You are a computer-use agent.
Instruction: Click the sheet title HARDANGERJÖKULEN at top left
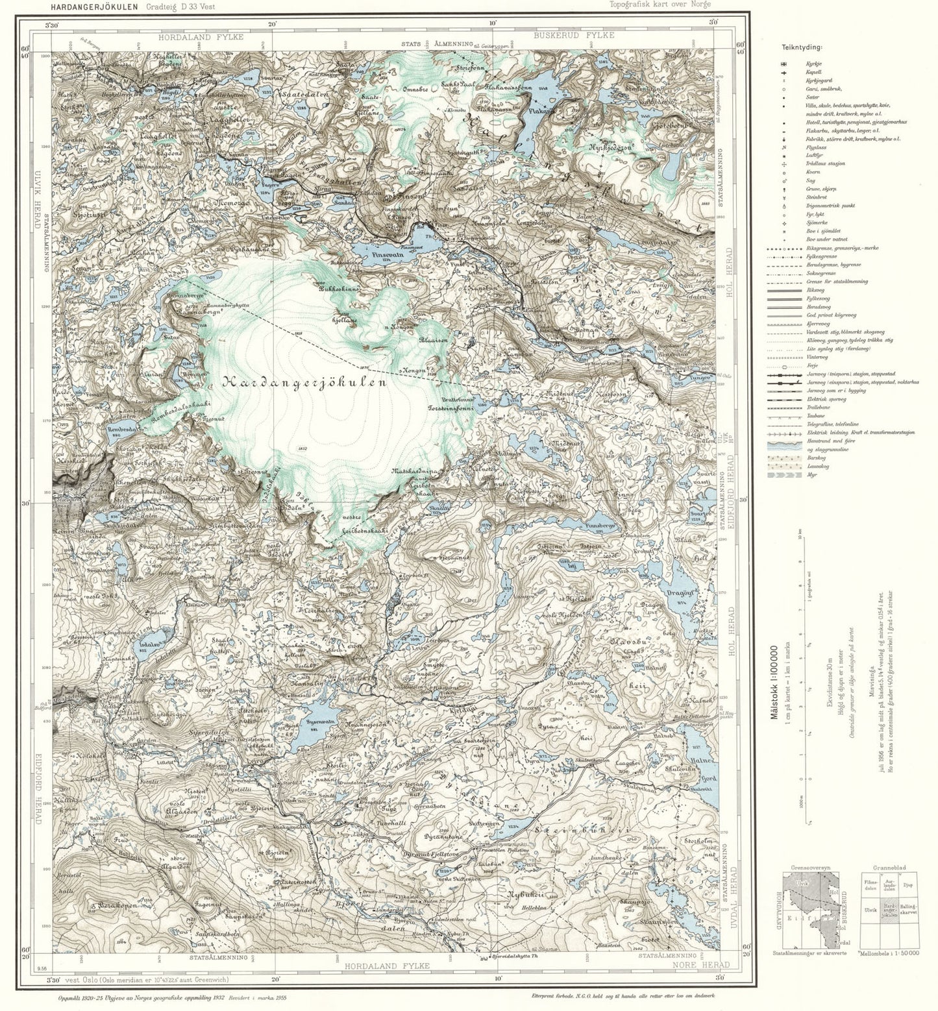tap(95, 6)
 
